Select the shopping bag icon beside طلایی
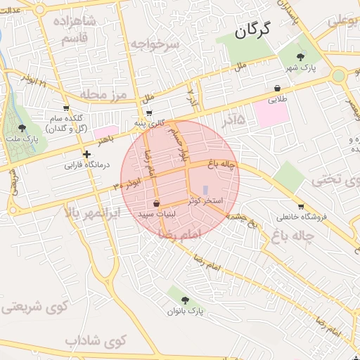pos(279,89)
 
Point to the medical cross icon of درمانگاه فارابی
pos(86,154)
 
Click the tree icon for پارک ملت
pos(22,127)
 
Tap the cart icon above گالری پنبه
pos(149,112)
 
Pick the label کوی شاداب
pos(95,341)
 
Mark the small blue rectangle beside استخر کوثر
pos(205,190)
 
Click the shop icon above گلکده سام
pos(66,108)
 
